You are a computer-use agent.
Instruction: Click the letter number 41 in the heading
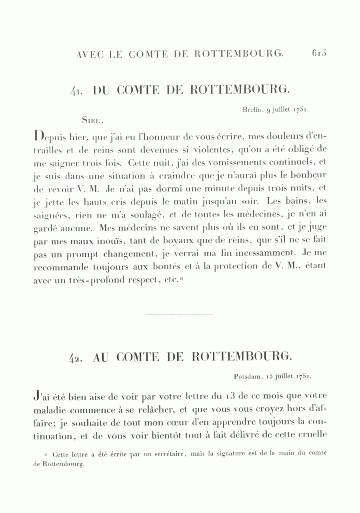[76, 91]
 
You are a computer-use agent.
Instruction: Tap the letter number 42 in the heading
[75, 357]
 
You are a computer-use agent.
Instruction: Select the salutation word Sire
[92, 119]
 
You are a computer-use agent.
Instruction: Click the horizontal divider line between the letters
[180, 315]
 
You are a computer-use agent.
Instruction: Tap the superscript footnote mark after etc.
[181, 278]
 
